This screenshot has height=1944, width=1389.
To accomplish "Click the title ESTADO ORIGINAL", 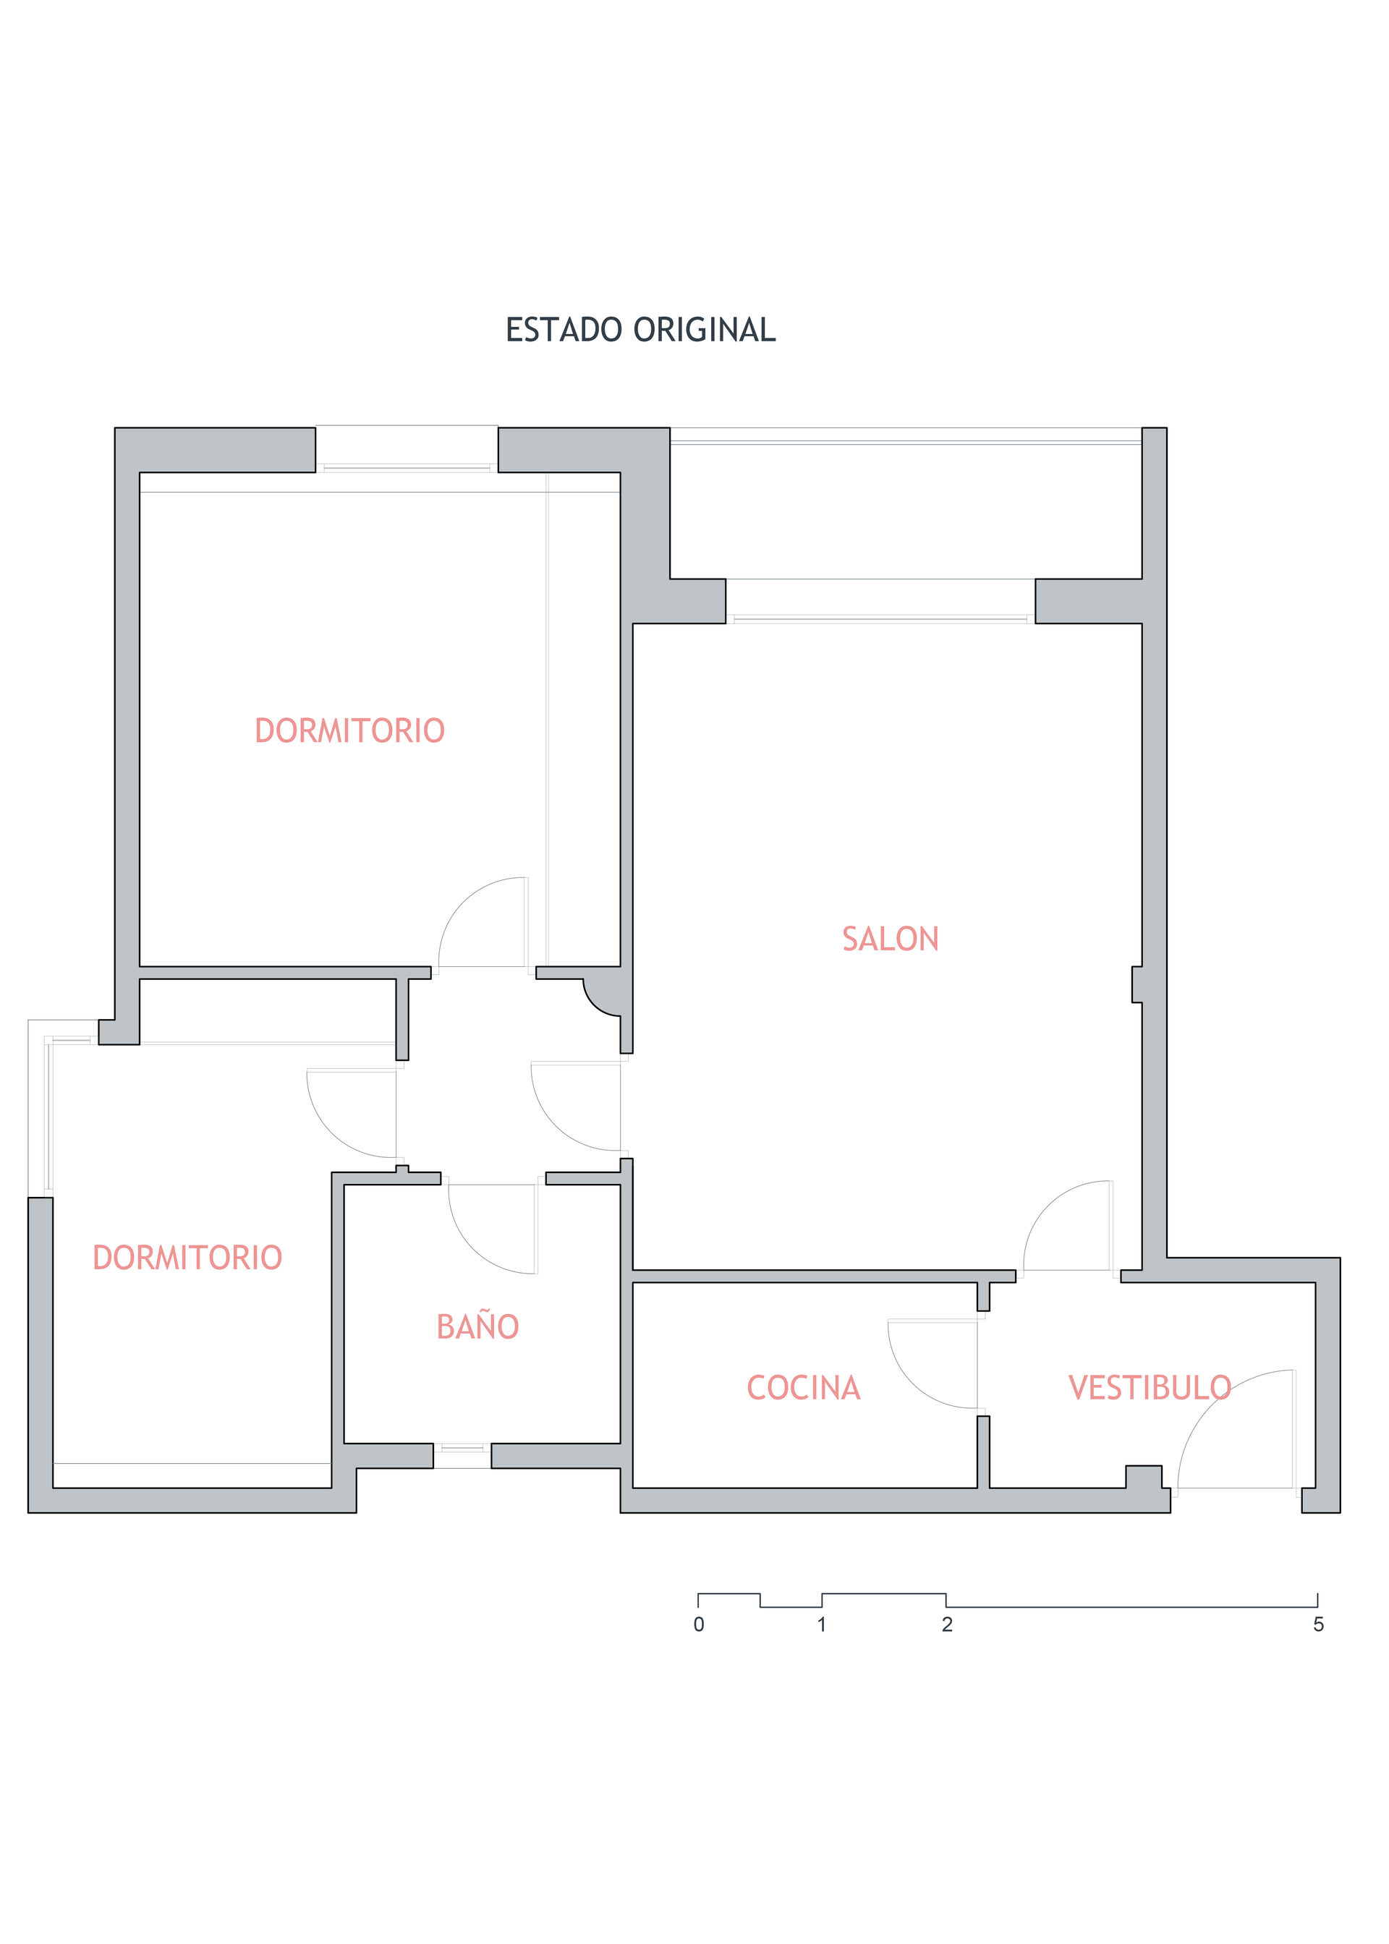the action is click(641, 330).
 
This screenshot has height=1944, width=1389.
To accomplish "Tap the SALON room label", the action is click(891, 939).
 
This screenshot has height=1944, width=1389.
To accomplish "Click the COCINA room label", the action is click(803, 1387).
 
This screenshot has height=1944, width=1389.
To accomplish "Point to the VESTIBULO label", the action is click(1150, 1387).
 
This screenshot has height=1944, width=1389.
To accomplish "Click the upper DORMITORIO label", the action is click(350, 731).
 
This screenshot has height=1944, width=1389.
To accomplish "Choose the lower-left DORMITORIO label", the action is click(187, 1258).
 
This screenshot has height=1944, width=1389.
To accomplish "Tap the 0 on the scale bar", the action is click(699, 1624).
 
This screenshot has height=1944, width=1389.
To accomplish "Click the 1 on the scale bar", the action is click(822, 1624).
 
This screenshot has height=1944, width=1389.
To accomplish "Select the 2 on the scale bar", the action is click(947, 1624).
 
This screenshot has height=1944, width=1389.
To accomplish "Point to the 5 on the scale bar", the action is click(1318, 1624).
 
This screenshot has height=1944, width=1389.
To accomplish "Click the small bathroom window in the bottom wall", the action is click(462, 1455).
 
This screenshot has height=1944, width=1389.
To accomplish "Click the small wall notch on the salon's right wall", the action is click(1137, 984).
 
